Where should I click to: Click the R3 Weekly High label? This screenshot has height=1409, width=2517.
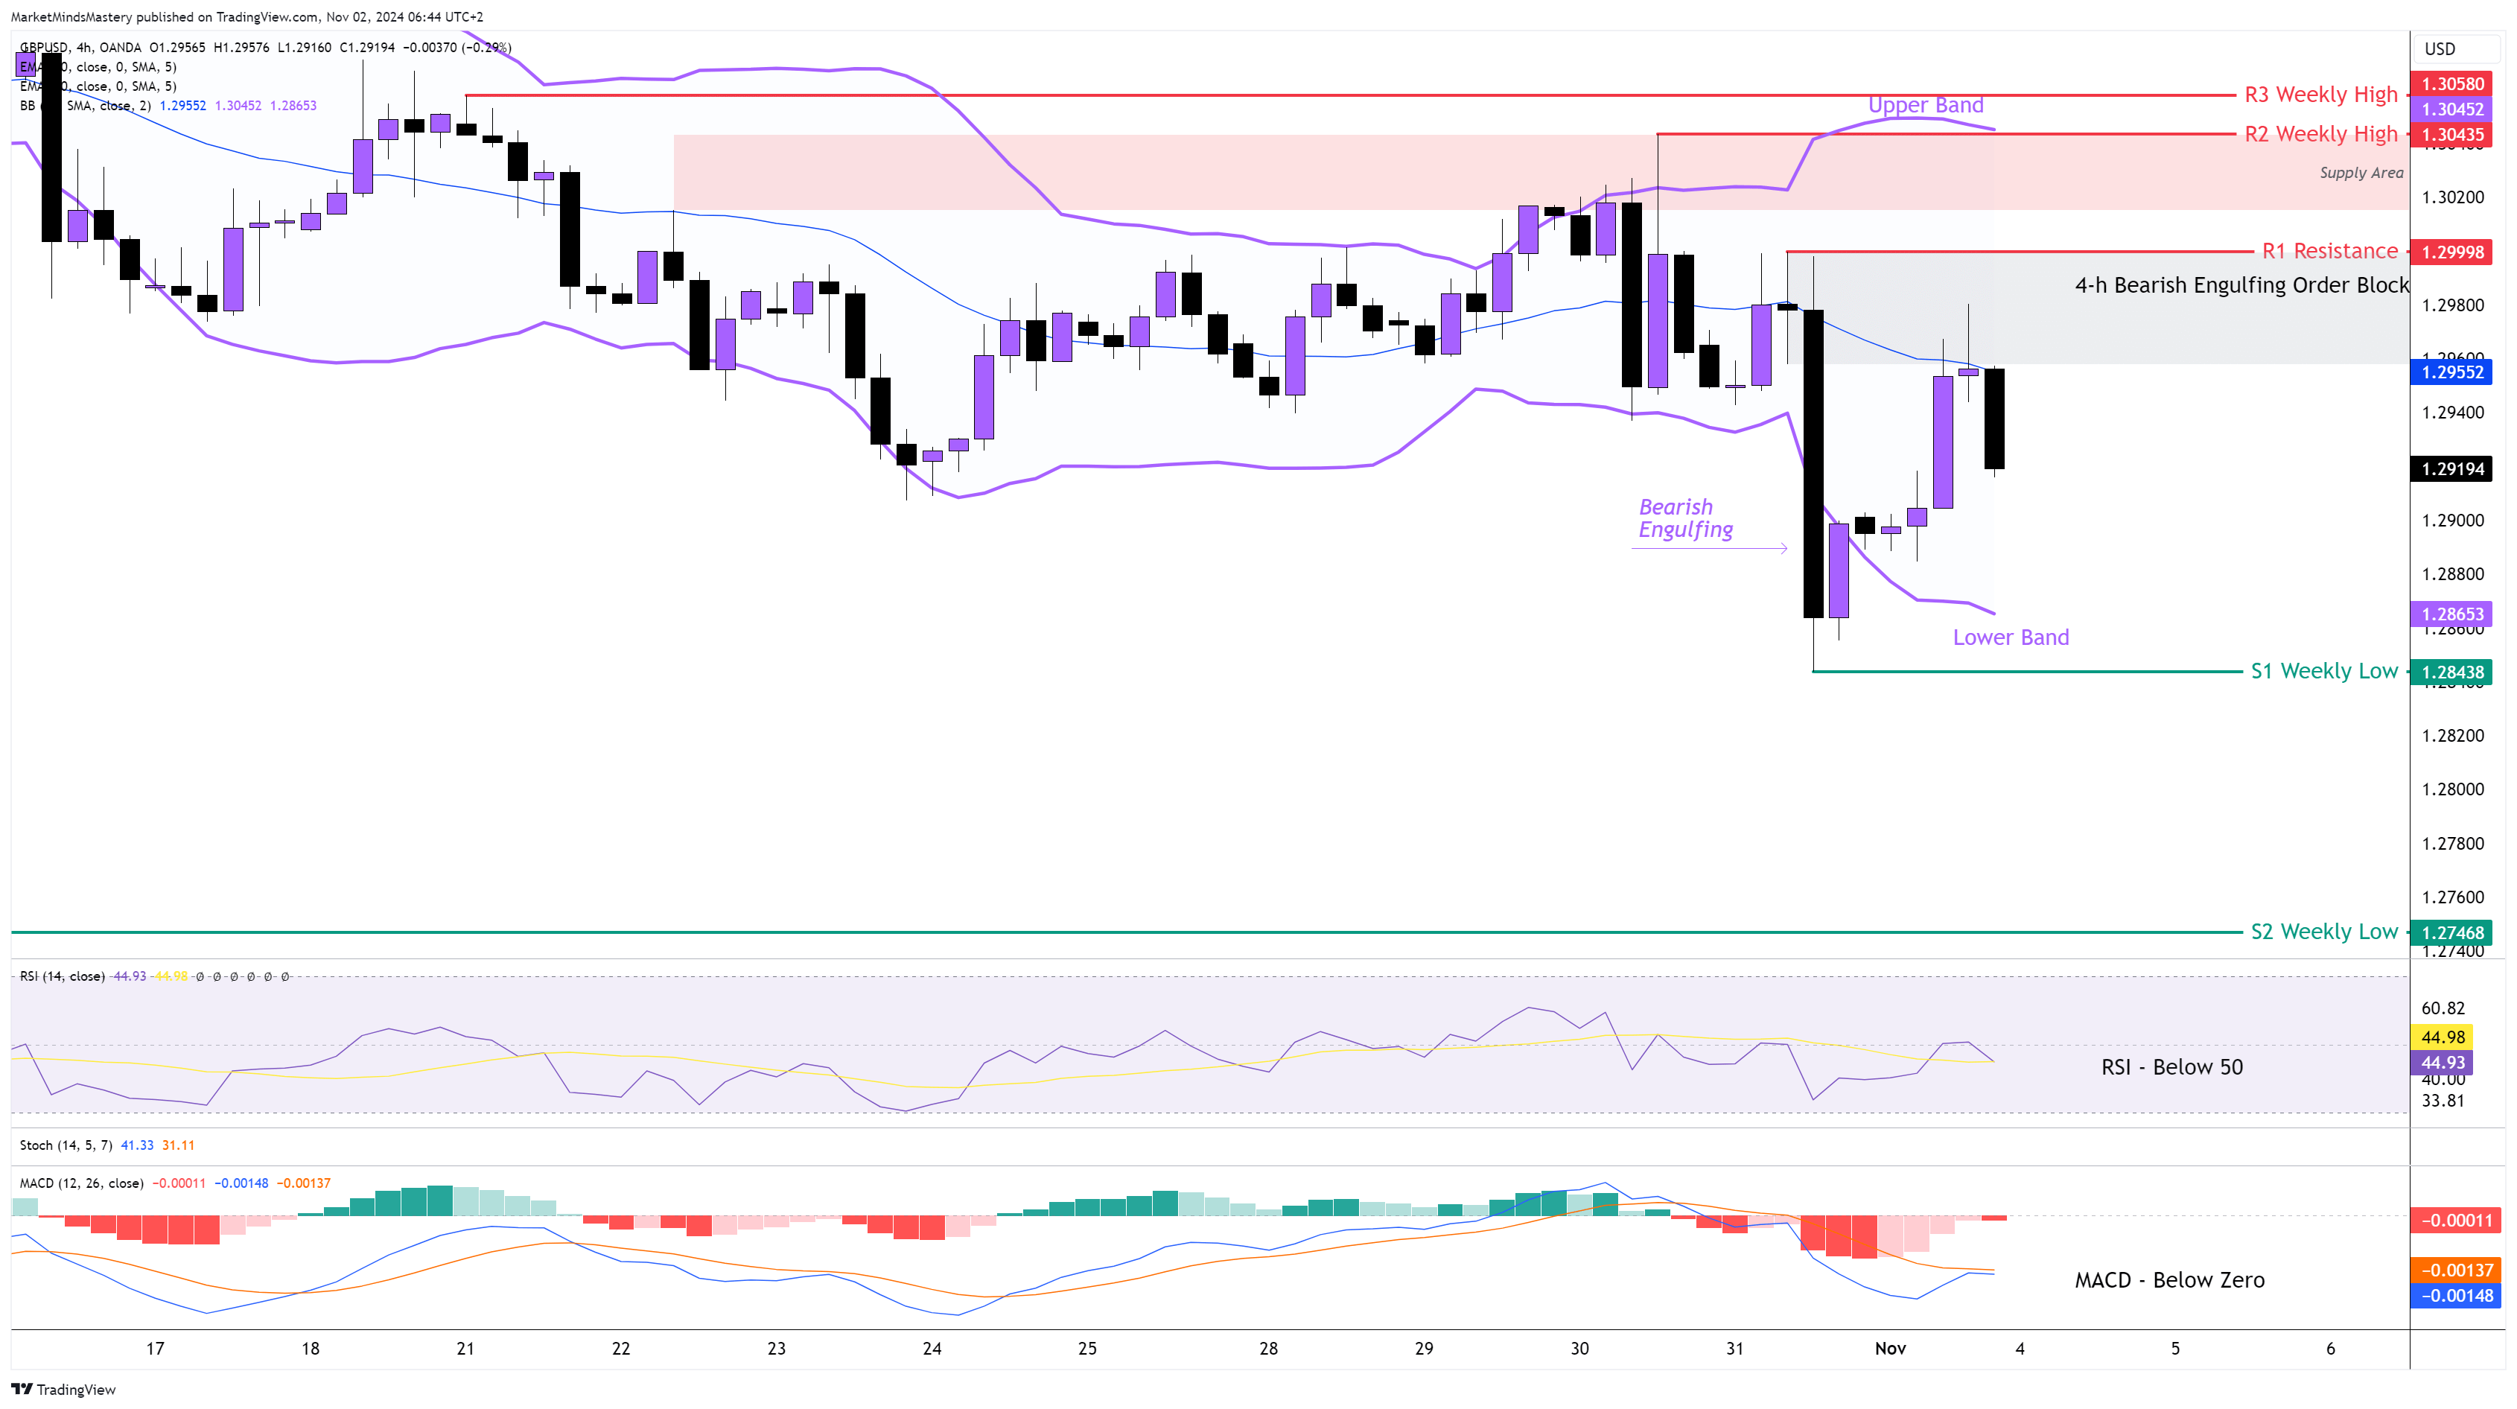[2320, 95]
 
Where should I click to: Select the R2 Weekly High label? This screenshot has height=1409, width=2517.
[2320, 134]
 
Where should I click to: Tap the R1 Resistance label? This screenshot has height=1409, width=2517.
[2329, 251]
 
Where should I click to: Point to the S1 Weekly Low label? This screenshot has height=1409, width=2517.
[2323, 671]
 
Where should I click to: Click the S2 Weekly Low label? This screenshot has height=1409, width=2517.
[2323, 932]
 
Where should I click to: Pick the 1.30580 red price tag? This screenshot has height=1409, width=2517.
[2452, 84]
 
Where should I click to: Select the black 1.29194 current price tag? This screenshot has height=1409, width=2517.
[2452, 469]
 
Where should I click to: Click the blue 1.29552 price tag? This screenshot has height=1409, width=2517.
[2452, 372]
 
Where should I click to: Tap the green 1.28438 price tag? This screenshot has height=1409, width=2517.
[2452, 672]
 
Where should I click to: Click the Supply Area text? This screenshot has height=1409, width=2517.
[2361, 173]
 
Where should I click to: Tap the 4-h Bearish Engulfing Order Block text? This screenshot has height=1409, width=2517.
[2241, 285]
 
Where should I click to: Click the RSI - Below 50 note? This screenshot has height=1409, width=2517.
[2171, 1067]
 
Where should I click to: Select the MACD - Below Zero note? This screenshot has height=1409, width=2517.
[2169, 1280]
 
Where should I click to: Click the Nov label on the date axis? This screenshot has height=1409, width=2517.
[1890, 1349]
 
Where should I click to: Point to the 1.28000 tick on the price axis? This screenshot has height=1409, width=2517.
[2452, 789]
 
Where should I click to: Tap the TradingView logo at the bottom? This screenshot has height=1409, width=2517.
[63, 1390]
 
